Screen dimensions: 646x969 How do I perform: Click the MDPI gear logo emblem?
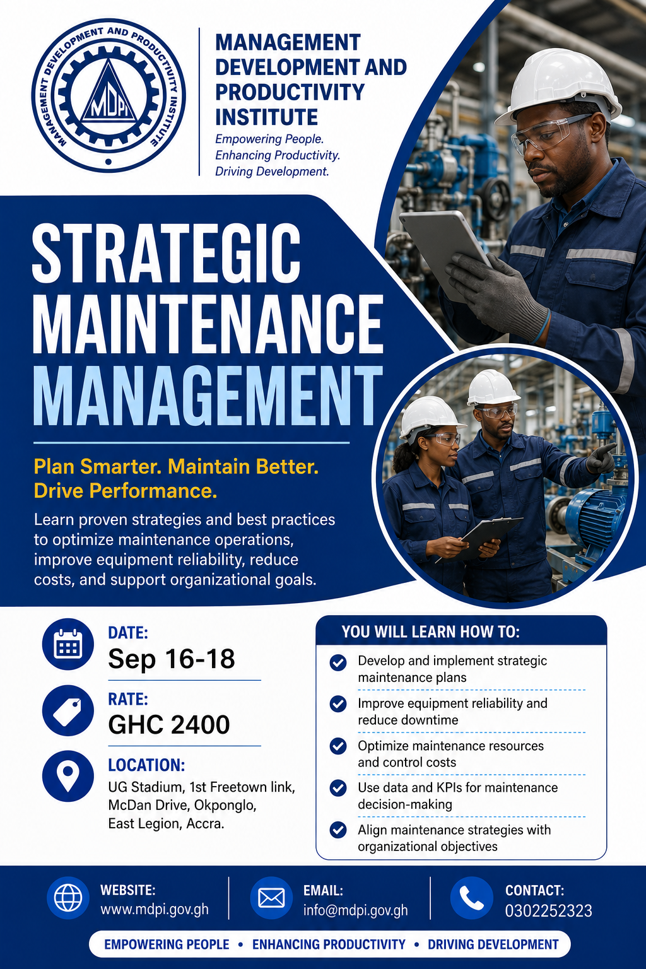tap(109, 95)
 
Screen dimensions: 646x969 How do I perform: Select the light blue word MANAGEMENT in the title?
tap(208, 395)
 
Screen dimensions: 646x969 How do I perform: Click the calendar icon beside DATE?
tap(68, 643)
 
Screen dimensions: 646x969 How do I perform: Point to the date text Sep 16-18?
tap(172, 659)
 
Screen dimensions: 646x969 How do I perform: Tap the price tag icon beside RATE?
tap(68, 710)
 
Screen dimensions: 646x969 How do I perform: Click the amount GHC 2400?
tap(168, 725)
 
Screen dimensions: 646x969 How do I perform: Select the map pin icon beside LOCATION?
tap(68, 776)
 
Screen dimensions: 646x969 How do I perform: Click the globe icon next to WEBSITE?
tap(68, 898)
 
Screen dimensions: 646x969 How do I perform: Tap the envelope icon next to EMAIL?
tap(271, 898)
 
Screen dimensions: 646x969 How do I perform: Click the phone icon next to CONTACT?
tap(472, 898)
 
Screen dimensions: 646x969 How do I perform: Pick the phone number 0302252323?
tap(549, 910)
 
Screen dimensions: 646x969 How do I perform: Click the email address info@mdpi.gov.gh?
tap(355, 910)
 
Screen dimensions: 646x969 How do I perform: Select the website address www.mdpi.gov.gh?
tap(155, 909)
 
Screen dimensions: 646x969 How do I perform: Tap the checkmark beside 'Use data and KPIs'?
tap(338, 788)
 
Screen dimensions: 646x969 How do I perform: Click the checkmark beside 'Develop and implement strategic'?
tap(338, 662)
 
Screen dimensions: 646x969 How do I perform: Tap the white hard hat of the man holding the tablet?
tap(559, 86)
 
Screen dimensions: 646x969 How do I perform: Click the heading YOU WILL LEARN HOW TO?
tap(430, 631)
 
